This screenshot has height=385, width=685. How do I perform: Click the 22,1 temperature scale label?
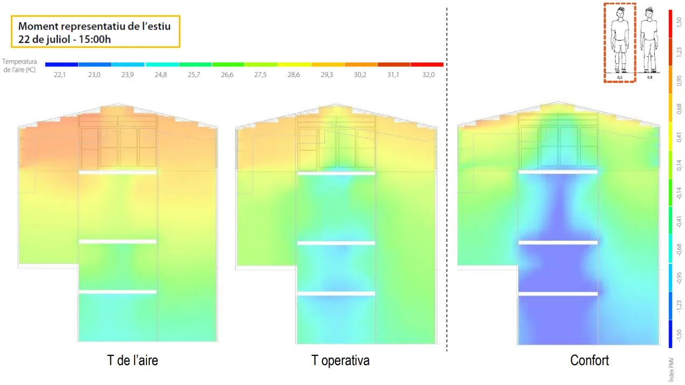pos(60,75)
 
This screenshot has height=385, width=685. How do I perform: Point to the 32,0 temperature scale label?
pos(428,75)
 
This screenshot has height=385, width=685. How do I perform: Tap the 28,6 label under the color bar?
pos(293,75)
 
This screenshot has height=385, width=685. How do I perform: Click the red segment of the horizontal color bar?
pos(427,65)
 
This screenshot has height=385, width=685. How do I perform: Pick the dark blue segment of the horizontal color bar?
pos(61,65)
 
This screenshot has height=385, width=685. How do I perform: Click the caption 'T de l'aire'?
pos(132,360)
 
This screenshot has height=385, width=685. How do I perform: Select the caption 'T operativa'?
pos(340,360)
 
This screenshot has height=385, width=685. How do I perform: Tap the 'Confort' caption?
pos(590,360)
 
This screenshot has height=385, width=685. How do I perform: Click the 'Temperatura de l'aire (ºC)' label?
pos(19,66)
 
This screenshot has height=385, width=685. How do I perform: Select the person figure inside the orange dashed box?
pos(620,40)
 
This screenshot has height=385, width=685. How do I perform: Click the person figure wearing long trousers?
pos(650,40)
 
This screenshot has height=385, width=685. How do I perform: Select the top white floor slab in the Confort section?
pos(558,172)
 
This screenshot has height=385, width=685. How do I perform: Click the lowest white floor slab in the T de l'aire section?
pos(117,292)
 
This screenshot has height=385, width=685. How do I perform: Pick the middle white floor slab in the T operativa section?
pos(336,243)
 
